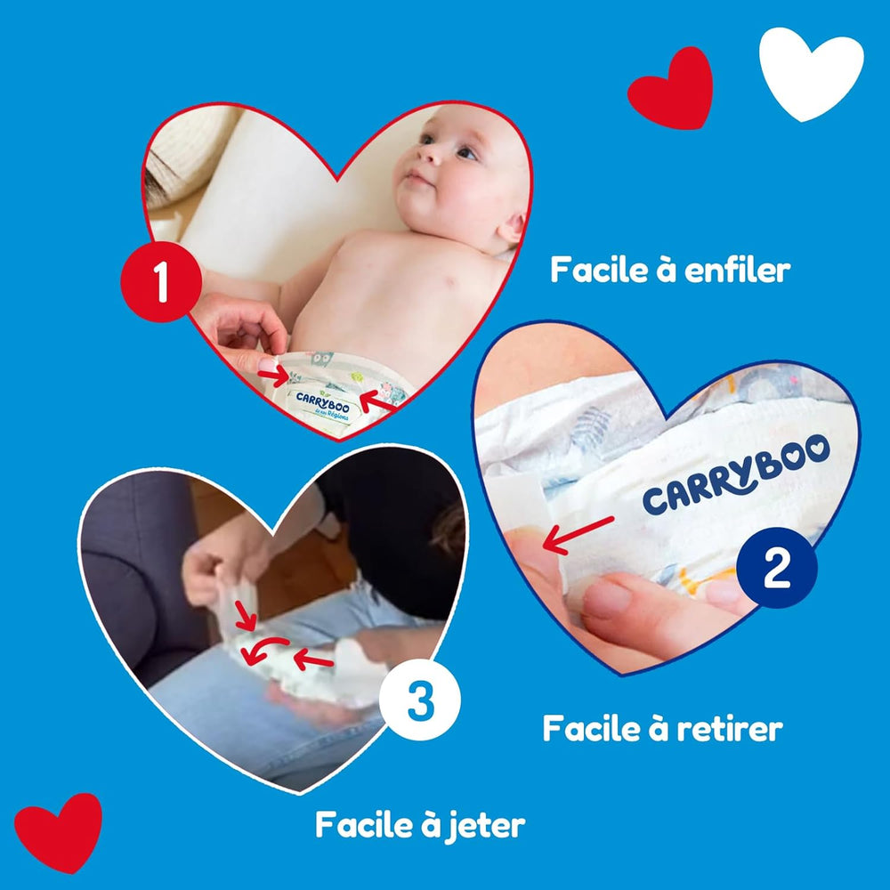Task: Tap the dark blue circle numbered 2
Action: tap(777, 567)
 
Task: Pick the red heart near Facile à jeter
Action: tap(58, 832)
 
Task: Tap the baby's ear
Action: tap(511, 228)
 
